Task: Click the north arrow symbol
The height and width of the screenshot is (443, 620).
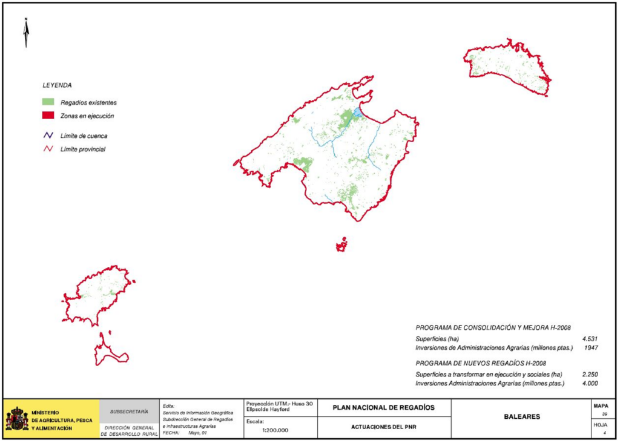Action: point(26,33)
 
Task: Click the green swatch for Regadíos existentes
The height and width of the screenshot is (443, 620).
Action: point(48,102)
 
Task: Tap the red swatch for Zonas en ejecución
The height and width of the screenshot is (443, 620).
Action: point(48,116)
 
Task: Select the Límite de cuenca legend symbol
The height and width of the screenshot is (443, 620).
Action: point(48,136)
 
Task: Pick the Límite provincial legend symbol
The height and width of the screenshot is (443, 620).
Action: point(48,149)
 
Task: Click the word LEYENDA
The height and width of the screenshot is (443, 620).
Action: point(57,85)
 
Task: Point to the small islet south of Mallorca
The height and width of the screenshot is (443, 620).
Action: point(342,244)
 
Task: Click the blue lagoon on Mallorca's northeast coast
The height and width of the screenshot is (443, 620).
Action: point(358,113)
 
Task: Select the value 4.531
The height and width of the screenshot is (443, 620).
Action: point(590,339)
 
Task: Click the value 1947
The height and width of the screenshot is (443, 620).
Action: point(591,348)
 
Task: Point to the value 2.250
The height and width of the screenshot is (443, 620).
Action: point(590,375)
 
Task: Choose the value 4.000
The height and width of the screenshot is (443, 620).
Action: point(590,384)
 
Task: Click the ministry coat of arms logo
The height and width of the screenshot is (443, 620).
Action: point(16,419)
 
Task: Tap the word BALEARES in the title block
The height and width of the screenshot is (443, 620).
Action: point(522,417)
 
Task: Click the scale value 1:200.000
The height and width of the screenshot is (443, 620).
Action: point(275,430)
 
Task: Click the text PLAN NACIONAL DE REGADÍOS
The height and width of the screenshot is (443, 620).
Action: point(383,407)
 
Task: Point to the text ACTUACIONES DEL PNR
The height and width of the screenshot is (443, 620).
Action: point(383,427)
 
